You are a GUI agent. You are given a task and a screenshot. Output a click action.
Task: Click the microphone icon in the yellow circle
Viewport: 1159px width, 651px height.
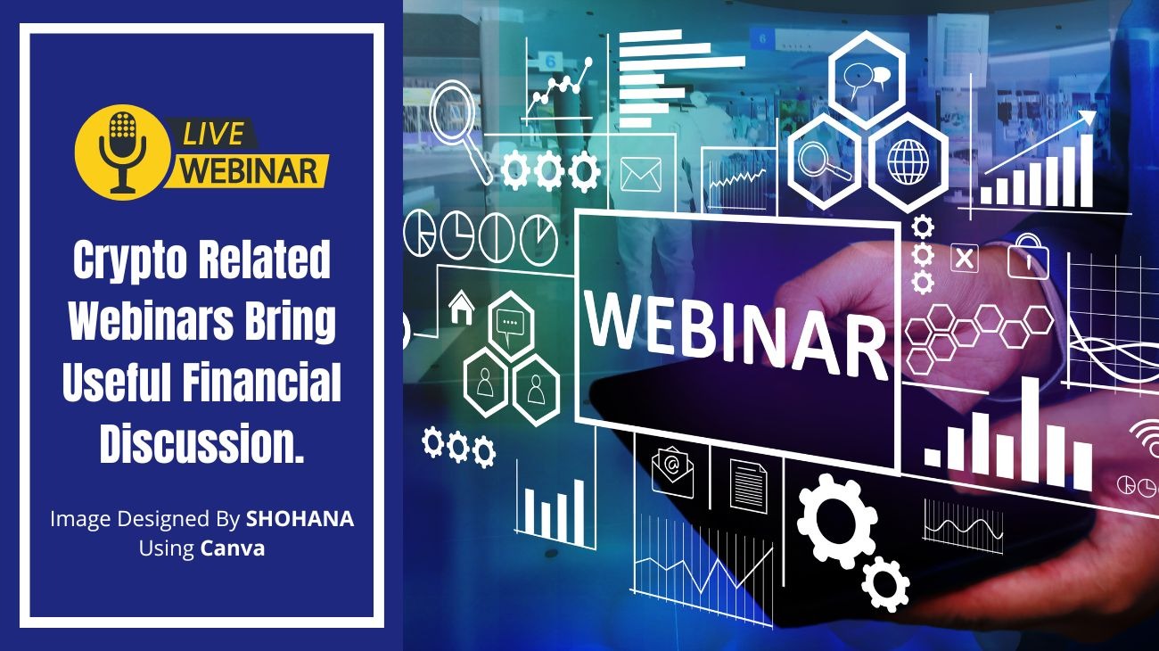[122, 149]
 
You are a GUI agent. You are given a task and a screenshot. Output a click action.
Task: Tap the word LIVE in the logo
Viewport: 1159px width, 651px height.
[214, 134]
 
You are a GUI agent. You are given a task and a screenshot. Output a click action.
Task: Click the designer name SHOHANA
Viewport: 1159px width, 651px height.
[300, 519]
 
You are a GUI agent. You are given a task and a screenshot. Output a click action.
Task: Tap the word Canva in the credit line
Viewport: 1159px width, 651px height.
[233, 548]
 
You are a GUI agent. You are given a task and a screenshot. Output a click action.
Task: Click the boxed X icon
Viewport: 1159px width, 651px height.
[964, 260]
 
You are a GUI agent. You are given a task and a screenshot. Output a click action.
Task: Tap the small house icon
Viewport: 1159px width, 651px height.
[461, 306]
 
